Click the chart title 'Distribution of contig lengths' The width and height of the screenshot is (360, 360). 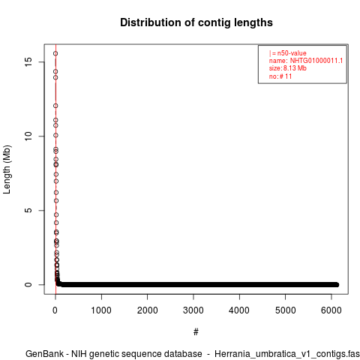[196, 22]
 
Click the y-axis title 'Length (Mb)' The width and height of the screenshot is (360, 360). [7, 169]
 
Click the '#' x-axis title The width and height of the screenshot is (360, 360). [196, 332]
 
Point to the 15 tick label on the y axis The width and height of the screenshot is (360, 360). [28, 62]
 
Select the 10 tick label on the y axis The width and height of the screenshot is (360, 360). [28, 136]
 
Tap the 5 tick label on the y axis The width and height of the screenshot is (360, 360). [28, 210]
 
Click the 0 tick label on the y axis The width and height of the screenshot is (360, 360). [28, 284]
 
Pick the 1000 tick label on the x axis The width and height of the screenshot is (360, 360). [101, 310]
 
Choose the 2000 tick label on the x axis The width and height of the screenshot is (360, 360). [148, 310]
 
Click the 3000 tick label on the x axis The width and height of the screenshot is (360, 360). [193, 310]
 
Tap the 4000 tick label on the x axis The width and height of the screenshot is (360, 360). [239, 310]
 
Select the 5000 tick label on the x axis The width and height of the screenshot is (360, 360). [285, 310]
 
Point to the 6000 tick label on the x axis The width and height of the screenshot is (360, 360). [331, 310]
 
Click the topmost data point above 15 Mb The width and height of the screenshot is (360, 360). [55, 53]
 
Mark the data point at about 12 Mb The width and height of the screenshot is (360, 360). [55, 106]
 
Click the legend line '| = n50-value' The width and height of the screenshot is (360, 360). [288, 53]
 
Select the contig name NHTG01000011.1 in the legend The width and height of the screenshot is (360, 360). [316, 61]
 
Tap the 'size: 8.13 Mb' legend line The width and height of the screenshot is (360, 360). [288, 68]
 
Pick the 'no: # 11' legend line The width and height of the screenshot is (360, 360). [280, 76]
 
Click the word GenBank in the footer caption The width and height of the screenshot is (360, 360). [44, 354]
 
